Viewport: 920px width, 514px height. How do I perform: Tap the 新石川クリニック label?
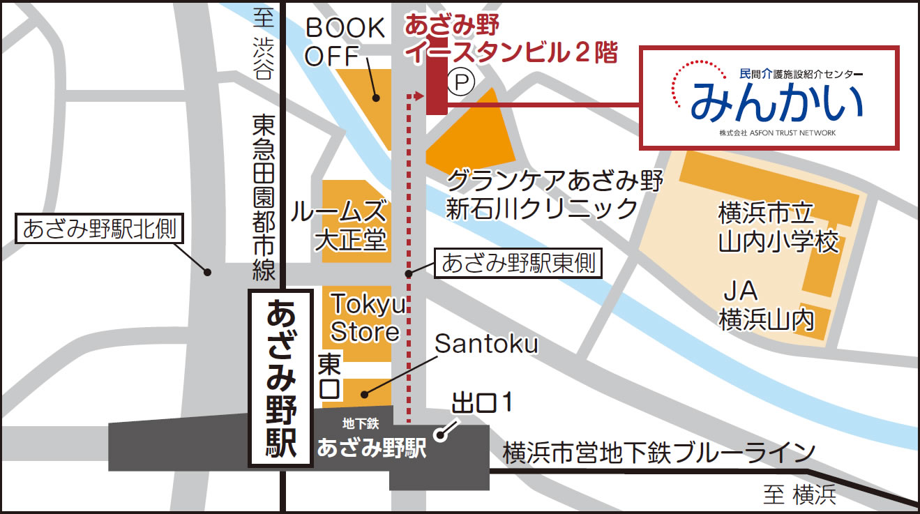(x=542, y=208)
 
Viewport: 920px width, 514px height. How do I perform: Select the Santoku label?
(x=486, y=343)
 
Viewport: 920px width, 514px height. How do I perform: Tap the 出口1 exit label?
(x=483, y=403)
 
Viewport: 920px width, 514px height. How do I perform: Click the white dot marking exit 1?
(x=440, y=436)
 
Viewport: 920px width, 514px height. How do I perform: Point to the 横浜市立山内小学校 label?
(x=778, y=227)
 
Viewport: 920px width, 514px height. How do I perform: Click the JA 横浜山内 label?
(x=767, y=305)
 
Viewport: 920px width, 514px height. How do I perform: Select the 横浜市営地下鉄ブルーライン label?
(x=658, y=453)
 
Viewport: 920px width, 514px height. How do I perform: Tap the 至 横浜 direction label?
(x=799, y=495)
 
